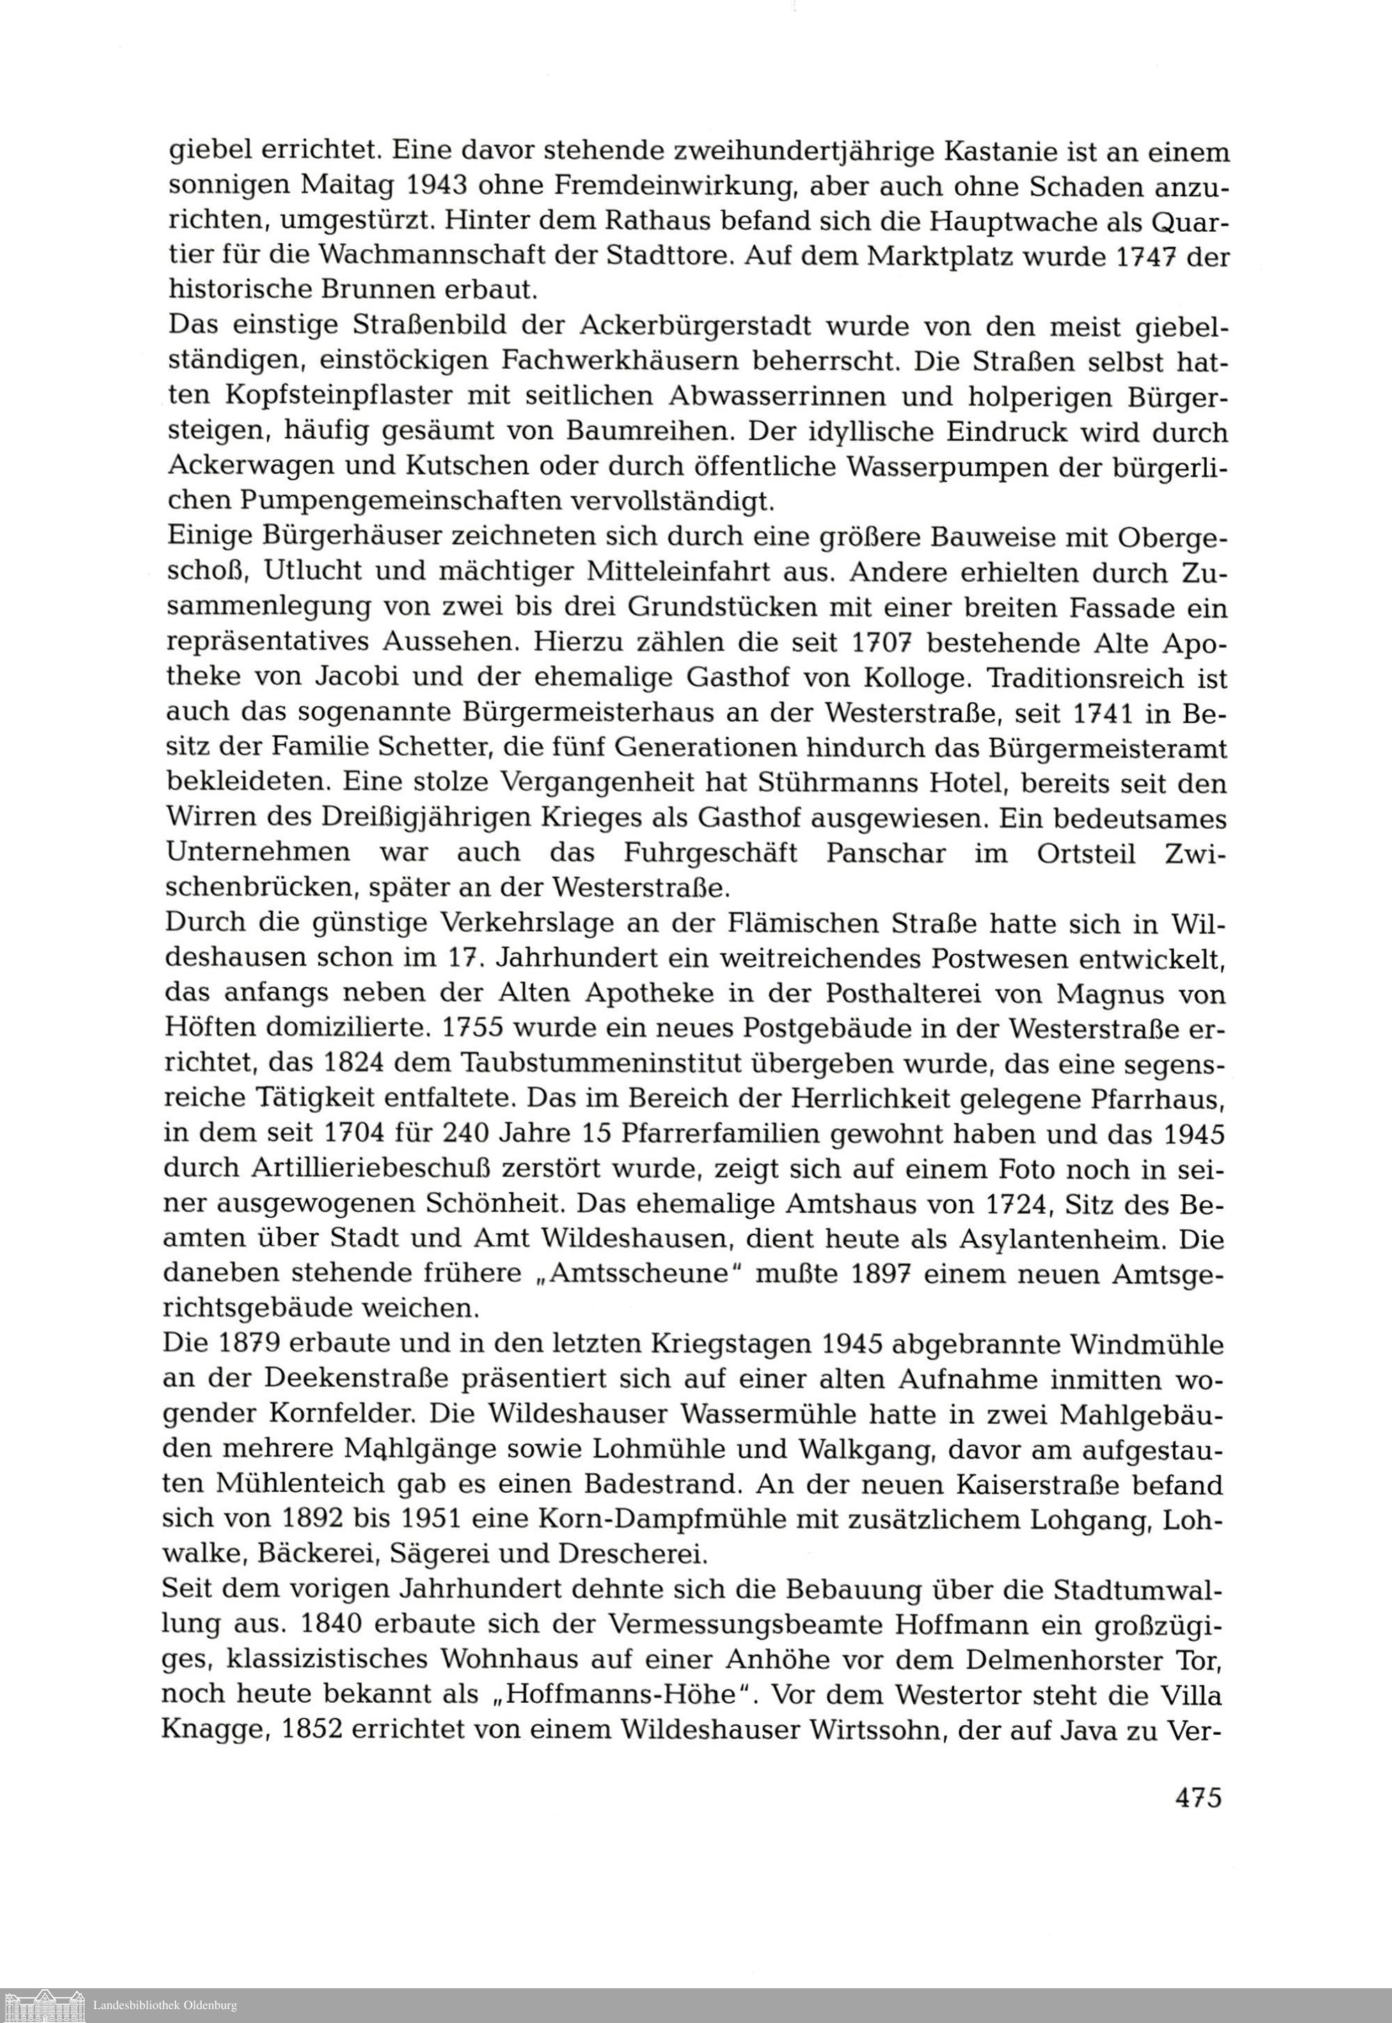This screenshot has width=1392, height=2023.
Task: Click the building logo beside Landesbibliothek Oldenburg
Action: point(45,2004)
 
